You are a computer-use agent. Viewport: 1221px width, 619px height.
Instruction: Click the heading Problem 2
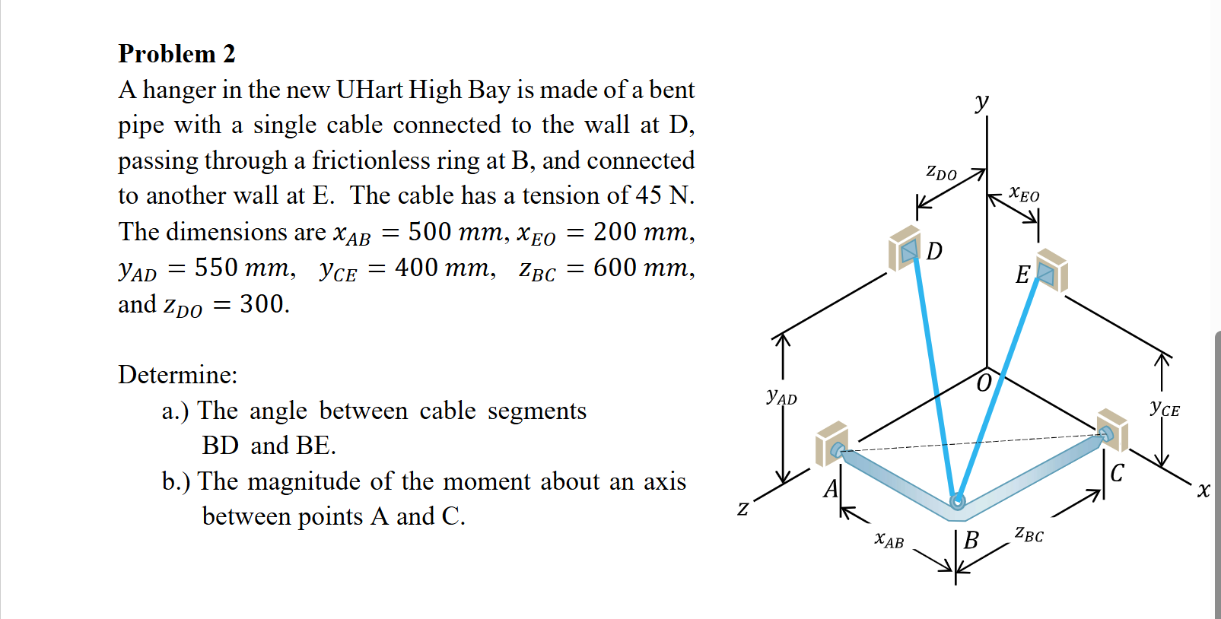coord(176,54)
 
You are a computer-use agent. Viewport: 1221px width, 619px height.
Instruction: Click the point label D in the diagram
coord(934,251)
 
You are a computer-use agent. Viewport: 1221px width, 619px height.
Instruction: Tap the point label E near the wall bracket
coord(1022,275)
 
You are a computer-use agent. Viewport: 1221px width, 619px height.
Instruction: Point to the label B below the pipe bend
coord(971,540)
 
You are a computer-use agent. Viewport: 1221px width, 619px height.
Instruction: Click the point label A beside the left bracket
coord(830,488)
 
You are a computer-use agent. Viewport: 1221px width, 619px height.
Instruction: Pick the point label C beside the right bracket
coord(1117,473)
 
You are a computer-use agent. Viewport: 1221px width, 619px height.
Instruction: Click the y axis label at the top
coord(982,100)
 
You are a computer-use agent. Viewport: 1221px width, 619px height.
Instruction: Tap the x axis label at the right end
coord(1203,490)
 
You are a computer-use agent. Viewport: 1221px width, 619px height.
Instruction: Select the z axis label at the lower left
coord(743,508)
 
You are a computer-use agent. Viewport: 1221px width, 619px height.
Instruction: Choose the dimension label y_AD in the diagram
coord(781,396)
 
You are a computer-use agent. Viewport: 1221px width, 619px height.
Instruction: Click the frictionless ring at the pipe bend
coord(958,500)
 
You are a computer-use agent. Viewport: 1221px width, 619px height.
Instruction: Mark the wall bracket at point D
coord(905,248)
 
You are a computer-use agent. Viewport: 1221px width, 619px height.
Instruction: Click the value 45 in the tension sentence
coord(648,195)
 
